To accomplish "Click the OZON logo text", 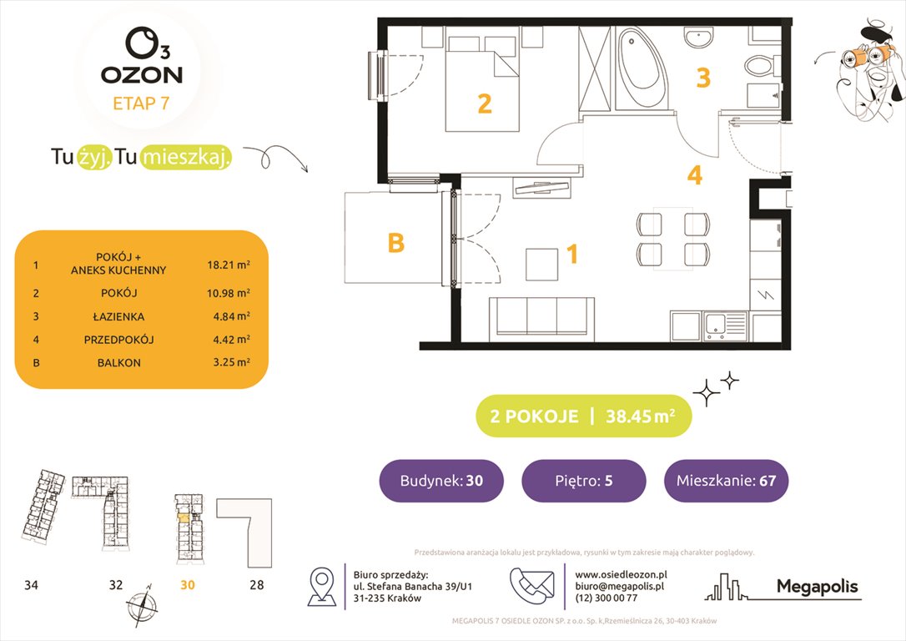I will point(142,74).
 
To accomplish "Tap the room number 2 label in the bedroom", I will point(484,104).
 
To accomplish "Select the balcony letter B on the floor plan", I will point(395,243).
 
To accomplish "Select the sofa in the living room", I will point(541,317).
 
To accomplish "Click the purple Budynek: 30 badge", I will point(440,481).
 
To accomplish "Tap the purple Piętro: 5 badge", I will point(583,481).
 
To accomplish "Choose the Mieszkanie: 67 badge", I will point(726,481).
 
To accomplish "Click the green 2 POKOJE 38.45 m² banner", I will point(583,416).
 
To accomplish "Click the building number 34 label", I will point(31,585).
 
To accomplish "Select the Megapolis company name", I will point(817,587).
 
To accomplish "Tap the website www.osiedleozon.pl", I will point(621,574).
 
